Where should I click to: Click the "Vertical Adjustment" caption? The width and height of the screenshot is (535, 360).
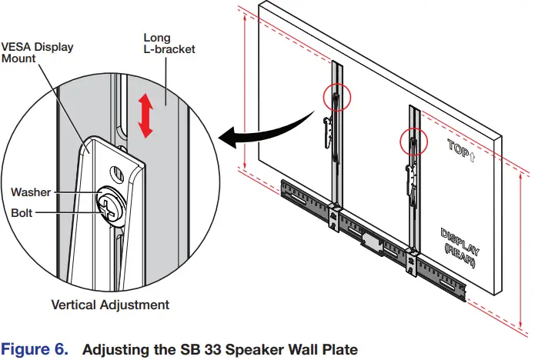point(110,305)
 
